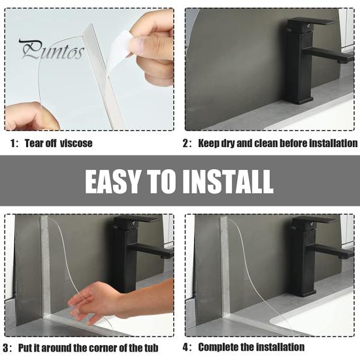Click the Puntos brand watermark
[52, 50]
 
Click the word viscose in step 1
[76, 143]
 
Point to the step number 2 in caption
[186, 143]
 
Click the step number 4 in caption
[186, 348]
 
